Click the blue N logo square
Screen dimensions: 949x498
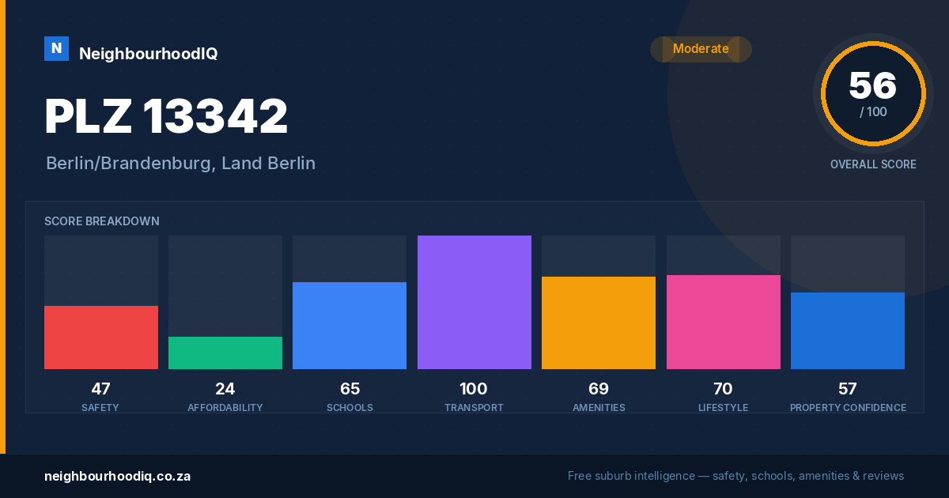click(x=56, y=49)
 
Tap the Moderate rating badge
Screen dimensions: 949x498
click(x=701, y=49)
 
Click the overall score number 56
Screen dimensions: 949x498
click(x=873, y=86)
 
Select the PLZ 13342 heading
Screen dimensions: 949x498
click(x=166, y=116)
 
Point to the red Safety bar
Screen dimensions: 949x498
click(x=101, y=338)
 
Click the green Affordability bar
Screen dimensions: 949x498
click(x=225, y=353)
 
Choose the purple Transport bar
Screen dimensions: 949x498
click(x=474, y=302)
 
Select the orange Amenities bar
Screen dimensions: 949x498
click(x=599, y=323)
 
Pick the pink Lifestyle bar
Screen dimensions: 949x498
click(x=723, y=322)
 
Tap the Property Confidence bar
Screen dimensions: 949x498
click(x=848, y=330)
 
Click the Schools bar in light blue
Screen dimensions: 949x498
click(x=350, y=326)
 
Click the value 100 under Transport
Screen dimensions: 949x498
click(x=474, y=389)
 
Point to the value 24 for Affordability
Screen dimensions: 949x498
click(x=225, y=389)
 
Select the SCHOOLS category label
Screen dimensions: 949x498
click(x=350, y=407)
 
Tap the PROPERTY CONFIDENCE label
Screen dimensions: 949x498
click(x=848, y=407)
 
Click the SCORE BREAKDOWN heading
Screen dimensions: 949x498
click(x=102, y=221)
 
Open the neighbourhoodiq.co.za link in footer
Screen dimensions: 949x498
click(x=117, y=476)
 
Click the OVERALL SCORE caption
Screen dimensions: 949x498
click(x=873, y=164)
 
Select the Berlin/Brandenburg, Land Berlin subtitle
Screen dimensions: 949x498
click(x=180, y=164)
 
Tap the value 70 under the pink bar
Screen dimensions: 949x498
click(x=723, y=389)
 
